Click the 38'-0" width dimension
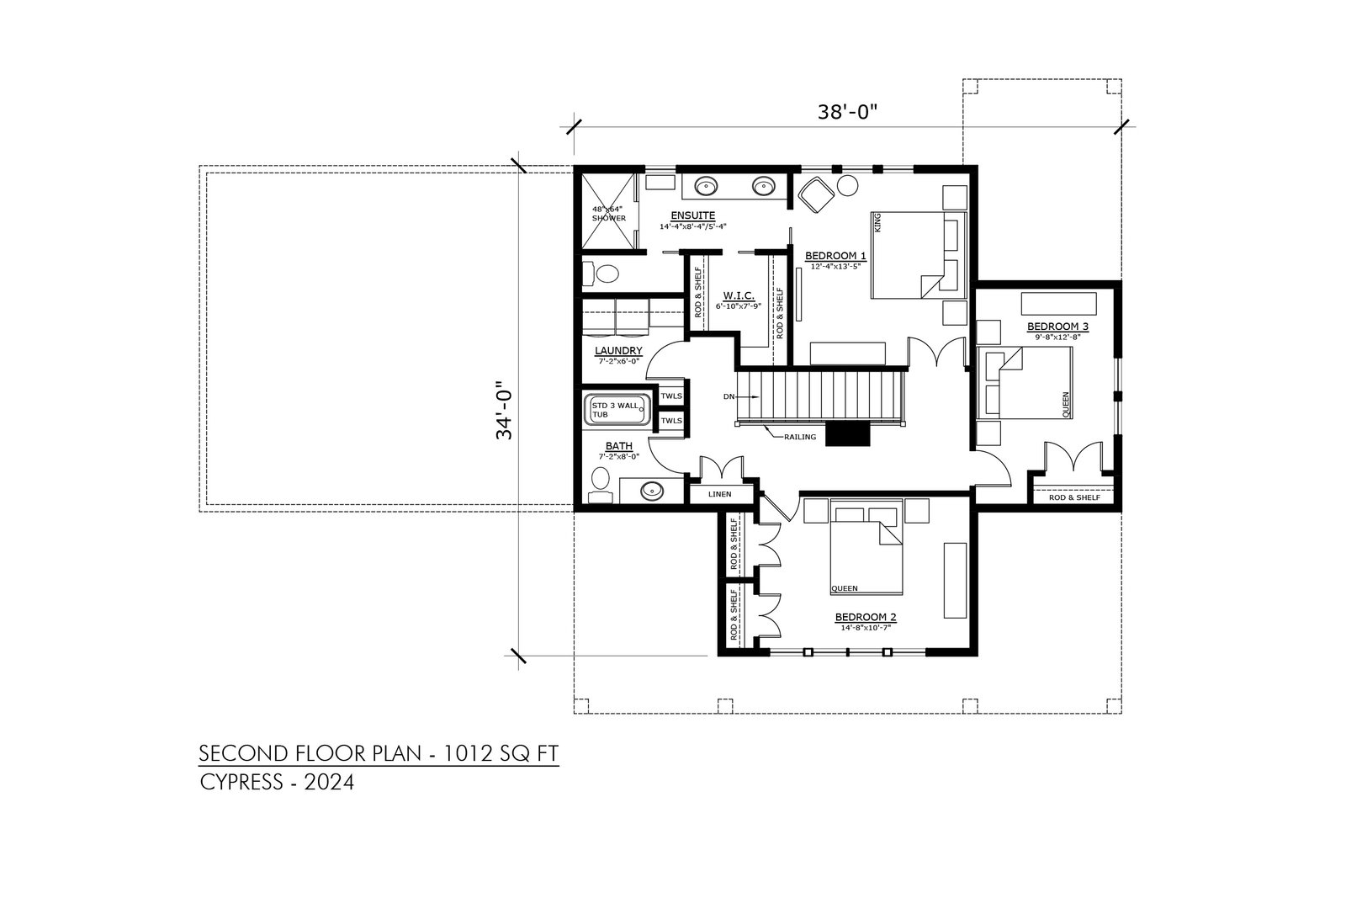pos(847,113)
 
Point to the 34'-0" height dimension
pos(504,410)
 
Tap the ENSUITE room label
pos(693,215)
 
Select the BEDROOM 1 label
pos(835,256)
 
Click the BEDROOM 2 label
pos(866,617)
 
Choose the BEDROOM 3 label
pos(1057,327)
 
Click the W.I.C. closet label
pos(739,295)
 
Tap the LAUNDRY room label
pos(618,350)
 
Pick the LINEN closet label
pos(720,494)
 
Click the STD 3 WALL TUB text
pos(615,410)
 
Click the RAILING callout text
pos(800,437)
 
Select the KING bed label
pos(877,222)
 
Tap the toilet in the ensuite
pos(601,274)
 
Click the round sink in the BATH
pos(652,491)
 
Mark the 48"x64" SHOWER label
pos(608,214)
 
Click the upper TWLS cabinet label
pos(671,396)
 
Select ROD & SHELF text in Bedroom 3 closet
pos(1074,497)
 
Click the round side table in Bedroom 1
pos(848,185)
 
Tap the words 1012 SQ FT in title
pos(501,753)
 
